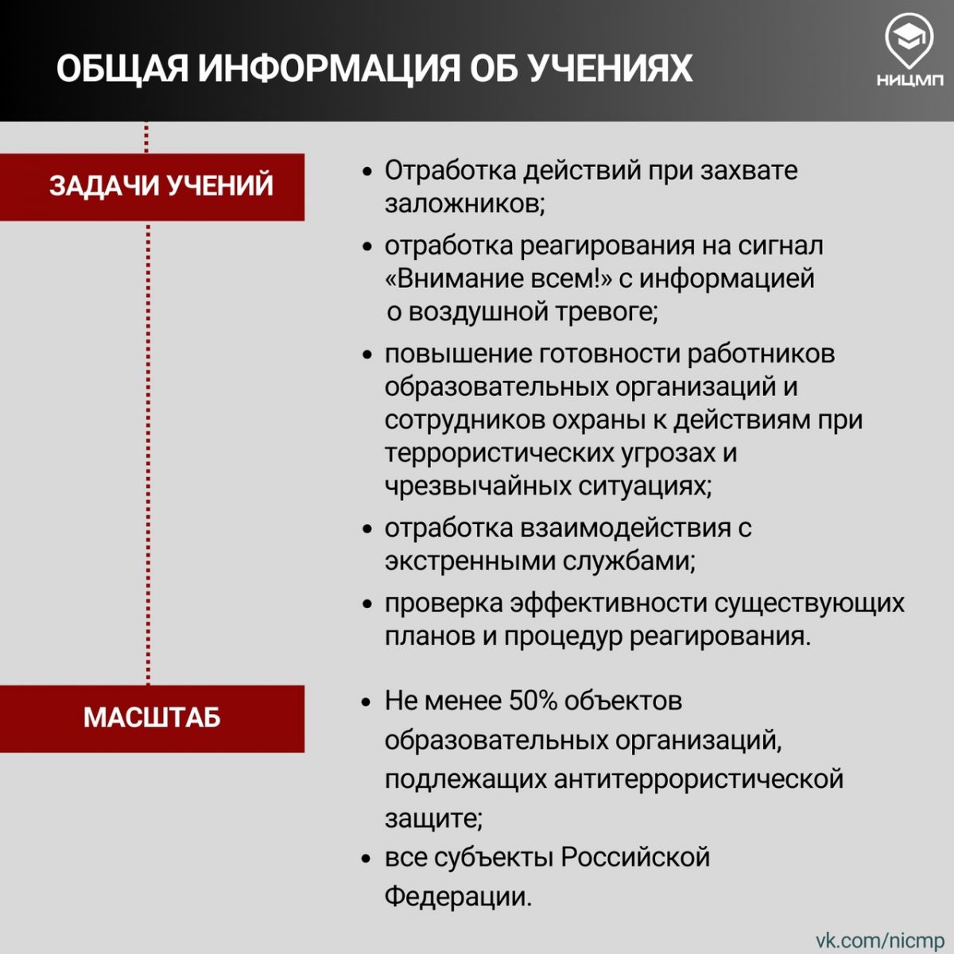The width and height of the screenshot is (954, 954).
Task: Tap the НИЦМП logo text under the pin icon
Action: [910, 80]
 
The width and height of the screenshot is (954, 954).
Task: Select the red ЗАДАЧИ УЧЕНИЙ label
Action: [152, 187]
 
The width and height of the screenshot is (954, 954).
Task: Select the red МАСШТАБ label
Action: [152, 719]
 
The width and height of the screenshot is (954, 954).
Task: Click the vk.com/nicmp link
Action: [880, 939]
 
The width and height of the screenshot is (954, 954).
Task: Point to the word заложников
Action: [465, 204]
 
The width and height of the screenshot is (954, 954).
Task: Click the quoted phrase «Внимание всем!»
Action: [498, 277]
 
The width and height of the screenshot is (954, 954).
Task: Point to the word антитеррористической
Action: [698, 779]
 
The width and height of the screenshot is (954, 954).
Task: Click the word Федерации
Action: [458, 897]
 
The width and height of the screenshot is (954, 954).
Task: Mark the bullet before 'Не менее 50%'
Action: [366, 703]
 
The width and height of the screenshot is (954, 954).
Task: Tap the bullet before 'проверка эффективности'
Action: [366, 604]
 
